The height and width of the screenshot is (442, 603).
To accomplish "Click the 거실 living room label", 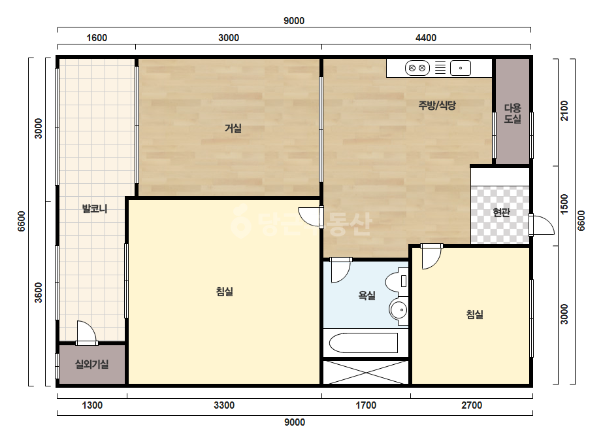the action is (233, 127).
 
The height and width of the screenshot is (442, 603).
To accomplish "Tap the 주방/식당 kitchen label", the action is (437, 105).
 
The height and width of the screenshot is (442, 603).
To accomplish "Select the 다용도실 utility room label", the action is (512, 113).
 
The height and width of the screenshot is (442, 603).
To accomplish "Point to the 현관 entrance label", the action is (501, 212).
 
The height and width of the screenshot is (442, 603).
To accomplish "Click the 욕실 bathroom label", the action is (367, 296).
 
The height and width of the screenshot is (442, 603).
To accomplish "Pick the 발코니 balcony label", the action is (95, 209).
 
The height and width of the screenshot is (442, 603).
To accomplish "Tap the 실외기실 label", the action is (91, 364).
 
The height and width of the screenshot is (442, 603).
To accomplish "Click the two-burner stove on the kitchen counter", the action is (417, 68).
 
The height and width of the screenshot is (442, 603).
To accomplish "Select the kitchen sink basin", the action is (461, 68).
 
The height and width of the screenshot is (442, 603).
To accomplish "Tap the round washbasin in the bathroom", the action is (399, 309).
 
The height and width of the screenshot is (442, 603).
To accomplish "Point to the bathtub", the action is (363, 343).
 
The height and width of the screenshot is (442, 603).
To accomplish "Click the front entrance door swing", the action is (542, 225).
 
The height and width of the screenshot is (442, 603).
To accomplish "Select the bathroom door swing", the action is (340, 270).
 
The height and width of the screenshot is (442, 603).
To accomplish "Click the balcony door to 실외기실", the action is (86, 333).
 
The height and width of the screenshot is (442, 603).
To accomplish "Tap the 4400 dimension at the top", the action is (426, 38).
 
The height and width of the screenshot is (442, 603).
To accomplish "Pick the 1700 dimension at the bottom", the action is (366, 405).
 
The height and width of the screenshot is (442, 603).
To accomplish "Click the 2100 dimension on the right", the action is (564, 110).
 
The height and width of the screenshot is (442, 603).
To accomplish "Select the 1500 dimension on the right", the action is (564, 205).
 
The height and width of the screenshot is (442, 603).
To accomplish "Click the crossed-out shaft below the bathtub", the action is (365, 372).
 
